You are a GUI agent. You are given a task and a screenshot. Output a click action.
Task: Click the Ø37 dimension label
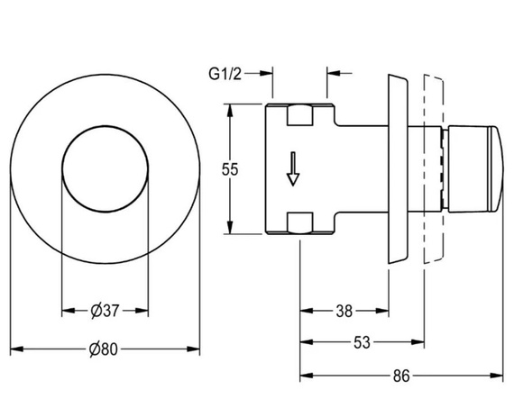click(105, 311)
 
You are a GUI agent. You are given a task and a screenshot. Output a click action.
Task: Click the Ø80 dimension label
click(104, 349)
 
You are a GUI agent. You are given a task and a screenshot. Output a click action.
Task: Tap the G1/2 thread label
click(225, 74)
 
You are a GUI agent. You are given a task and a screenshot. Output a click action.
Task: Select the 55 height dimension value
click(230, 169)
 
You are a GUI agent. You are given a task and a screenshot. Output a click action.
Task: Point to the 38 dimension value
click(344, 311)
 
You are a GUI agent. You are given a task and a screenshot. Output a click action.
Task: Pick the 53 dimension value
click(362, 342)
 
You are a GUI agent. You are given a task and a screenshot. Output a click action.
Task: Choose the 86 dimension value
click(401, 376)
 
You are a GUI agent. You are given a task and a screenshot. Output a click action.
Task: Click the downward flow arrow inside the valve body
click(293, 169)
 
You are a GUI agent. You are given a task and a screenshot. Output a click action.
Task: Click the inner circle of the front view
click(105, 126)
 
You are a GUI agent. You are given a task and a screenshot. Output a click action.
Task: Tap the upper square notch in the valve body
click(299, 115)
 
